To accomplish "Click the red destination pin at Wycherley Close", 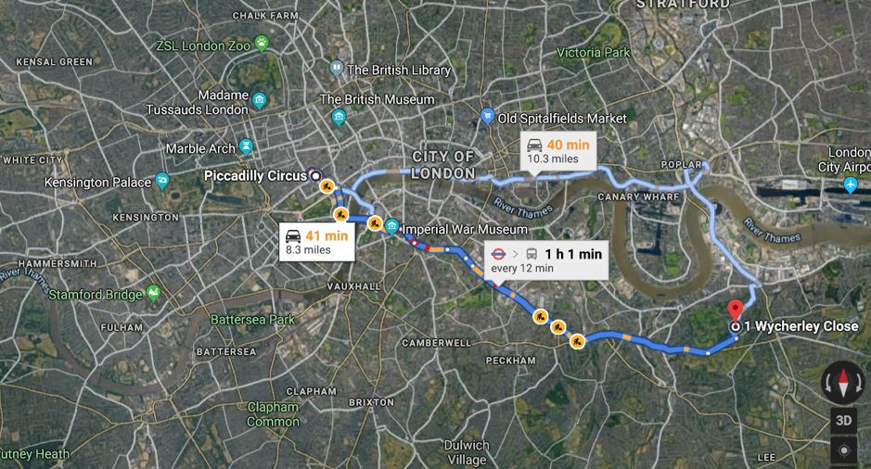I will click(736, 310).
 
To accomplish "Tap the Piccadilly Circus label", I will click(255, 175).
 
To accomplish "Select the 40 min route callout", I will click(557, 151).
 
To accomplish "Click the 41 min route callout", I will click(316, 242).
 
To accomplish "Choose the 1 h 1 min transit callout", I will click(546, 260).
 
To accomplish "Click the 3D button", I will click(843, 419).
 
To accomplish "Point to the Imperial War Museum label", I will click(465, 229).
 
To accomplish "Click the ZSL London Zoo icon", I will click(262, 43).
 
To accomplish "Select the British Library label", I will click(399, 70).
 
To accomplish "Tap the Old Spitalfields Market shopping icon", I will click(487, 117).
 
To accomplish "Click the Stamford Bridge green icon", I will click(153, 294).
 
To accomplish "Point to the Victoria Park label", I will click(594, 53).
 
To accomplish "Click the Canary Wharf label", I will click(633, 196).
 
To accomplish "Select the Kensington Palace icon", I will click(162, 182).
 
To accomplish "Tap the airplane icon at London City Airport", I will click(852, 185).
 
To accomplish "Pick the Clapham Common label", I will click(273, 413).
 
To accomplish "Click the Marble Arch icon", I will click(246, 147).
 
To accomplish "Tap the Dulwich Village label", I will click(466, 452).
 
